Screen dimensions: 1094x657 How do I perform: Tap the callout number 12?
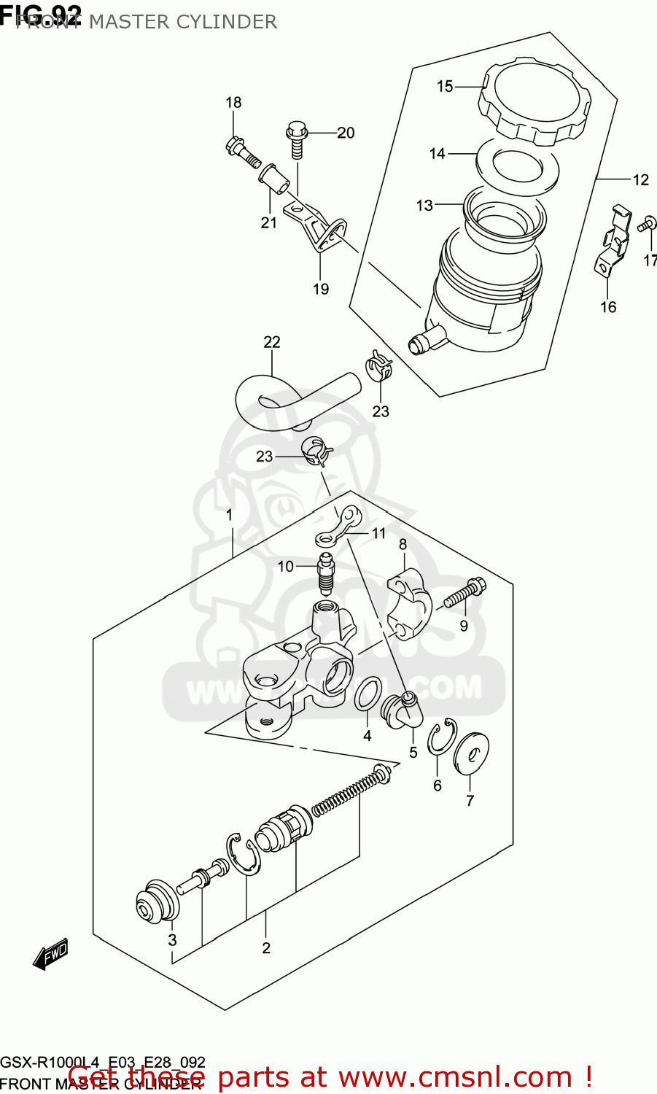pos(640,180)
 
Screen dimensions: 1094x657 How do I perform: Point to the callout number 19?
pos(321,290)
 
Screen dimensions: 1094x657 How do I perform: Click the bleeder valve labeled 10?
pos(325,574)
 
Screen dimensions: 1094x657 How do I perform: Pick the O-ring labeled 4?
pos(368,694)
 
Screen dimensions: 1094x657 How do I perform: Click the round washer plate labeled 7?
pos(471,753)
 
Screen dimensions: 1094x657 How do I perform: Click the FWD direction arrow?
pos(51,954)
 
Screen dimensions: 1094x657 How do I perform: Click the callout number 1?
pos(229,516)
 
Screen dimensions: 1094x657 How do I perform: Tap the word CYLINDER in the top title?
pos(230,22)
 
